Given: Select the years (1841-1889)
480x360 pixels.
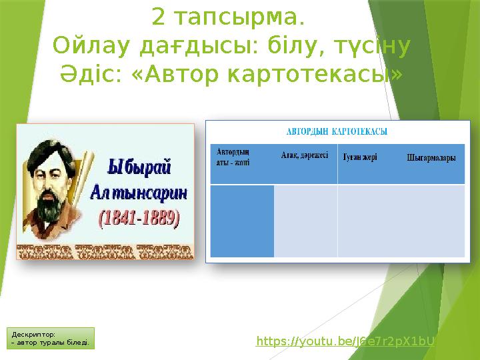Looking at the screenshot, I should click(x=139, y=217).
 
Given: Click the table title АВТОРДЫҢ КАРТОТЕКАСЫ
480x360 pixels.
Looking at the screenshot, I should click(x=337, y=131).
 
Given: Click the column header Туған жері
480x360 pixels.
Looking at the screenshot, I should click(x=360, y=158).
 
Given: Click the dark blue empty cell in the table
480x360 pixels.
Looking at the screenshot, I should click(x=242, y=221).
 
